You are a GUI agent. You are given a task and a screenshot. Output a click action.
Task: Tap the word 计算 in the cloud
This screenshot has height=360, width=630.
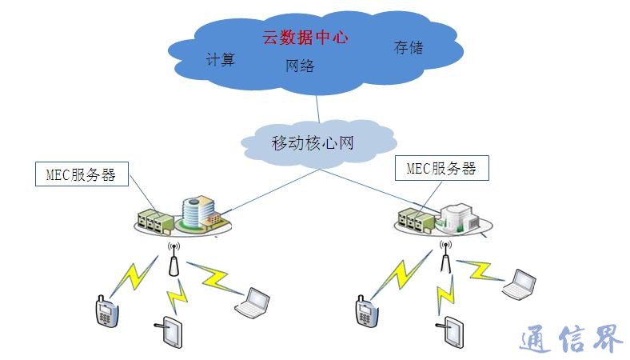point(221,59)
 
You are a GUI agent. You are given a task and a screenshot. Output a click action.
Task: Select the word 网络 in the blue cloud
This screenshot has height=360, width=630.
point(300,66)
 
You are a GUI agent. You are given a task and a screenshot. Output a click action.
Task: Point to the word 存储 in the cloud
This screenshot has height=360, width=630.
point(408,47)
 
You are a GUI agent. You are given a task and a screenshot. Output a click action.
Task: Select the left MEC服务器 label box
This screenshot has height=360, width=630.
point(82,175)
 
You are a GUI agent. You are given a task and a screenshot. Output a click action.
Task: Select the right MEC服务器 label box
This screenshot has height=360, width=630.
point(441,169)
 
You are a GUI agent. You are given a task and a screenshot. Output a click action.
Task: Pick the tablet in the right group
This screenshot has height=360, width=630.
point(453,332)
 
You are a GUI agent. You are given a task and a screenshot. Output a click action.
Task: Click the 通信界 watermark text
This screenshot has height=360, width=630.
point(570,341)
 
